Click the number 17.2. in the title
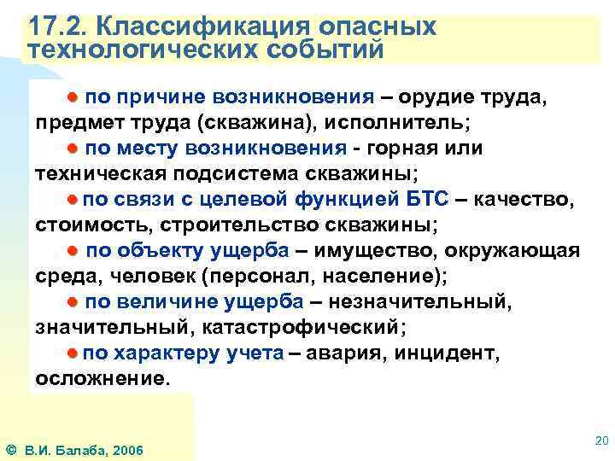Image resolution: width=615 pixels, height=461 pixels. click(53, 25)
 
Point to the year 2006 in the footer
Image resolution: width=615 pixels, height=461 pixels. click(126, 450)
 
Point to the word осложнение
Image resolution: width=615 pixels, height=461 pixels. click(102, 377)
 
